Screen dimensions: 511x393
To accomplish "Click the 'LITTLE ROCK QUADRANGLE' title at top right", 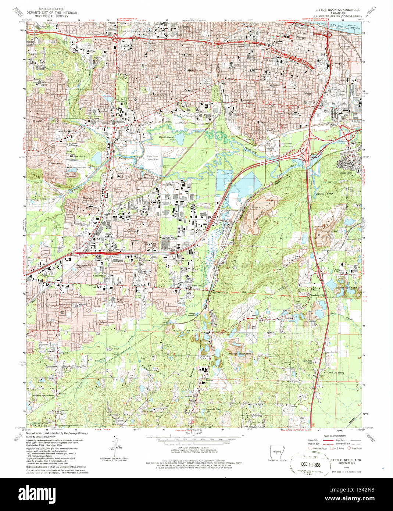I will pyautogui.click(x=338, y=9).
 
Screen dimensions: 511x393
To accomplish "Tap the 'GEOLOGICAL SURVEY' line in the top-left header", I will pyautogui.click(x=51, y=16).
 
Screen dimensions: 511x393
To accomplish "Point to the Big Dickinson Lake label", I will pyautogui.click(x=166, y=138).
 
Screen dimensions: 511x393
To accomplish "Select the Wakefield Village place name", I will pyautogui.click(x=168, y=238).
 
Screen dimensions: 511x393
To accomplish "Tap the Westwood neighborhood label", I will pyautogui.click(x=56, y=163).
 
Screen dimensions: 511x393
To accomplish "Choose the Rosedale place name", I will pyautogui.click(x=38, y=121).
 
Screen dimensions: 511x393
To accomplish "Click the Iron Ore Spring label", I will pyautogui.click(x=336, y=373).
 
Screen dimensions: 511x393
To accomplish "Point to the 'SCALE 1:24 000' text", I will pyautogui.click(x=194, y=434).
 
